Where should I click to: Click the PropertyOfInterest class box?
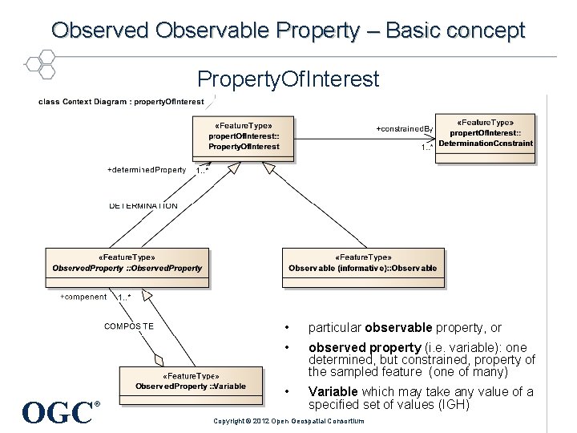coord(244,137)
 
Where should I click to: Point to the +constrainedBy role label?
coord(405,128)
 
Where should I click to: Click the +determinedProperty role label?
coord(147,170)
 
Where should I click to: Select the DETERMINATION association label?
coord(143,206)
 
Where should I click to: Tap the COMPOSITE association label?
coord(129,326)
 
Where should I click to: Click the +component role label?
coord(83,297)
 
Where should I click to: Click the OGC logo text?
coord(58,412)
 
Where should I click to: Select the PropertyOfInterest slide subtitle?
coord(288,79)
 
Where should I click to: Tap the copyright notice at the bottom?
coord(288,421)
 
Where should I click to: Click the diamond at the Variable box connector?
coord(159,359)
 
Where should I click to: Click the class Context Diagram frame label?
coord(121,102)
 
